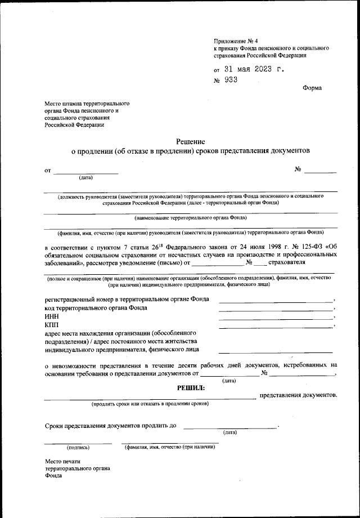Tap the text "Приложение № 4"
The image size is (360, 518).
point(236,41)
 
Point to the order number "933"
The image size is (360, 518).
point(231,80)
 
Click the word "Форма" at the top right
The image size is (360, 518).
point(312,88)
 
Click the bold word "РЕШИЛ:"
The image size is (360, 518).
point(191,387)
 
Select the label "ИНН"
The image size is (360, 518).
point(52,317)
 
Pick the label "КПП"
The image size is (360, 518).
point(52,325)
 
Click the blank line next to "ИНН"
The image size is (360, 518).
point(276,319)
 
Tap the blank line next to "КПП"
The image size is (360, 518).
point(276,327)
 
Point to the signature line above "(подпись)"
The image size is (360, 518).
point(78,443)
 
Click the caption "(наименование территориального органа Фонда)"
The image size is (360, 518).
point(191,217)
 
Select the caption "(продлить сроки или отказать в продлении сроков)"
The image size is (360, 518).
point(150,404)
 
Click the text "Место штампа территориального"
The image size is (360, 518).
point(88,105)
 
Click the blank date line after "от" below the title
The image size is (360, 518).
point(85,173)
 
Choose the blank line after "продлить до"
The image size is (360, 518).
point(230,428)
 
